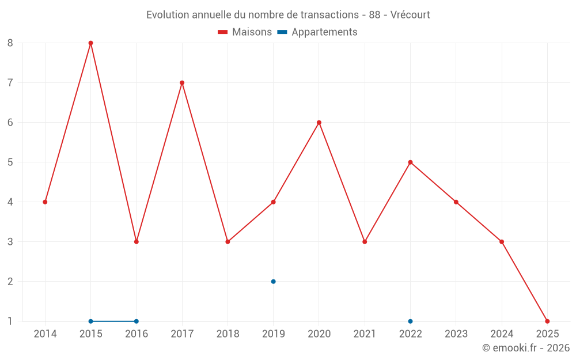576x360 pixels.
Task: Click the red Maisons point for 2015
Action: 90,43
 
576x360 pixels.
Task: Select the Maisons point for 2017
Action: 182,82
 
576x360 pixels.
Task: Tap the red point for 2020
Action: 319,122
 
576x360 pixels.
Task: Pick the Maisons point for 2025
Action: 547,321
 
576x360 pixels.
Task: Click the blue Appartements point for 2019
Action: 273,281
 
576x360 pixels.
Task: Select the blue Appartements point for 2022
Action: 410,321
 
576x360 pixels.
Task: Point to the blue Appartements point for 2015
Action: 90,321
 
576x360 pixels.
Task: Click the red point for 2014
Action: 45,202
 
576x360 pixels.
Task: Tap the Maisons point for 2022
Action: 410,162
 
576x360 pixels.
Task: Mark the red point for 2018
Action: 228,241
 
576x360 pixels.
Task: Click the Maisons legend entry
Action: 245,32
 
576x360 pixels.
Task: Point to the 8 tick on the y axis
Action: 10,43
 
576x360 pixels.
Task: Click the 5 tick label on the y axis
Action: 10,162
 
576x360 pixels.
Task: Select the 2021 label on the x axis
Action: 365,334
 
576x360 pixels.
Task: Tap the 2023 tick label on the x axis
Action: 456,334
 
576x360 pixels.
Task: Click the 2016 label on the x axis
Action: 137,334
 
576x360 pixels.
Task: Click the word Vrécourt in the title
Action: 410,15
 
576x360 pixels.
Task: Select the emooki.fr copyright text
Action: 526,348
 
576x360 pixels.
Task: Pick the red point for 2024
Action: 502,241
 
